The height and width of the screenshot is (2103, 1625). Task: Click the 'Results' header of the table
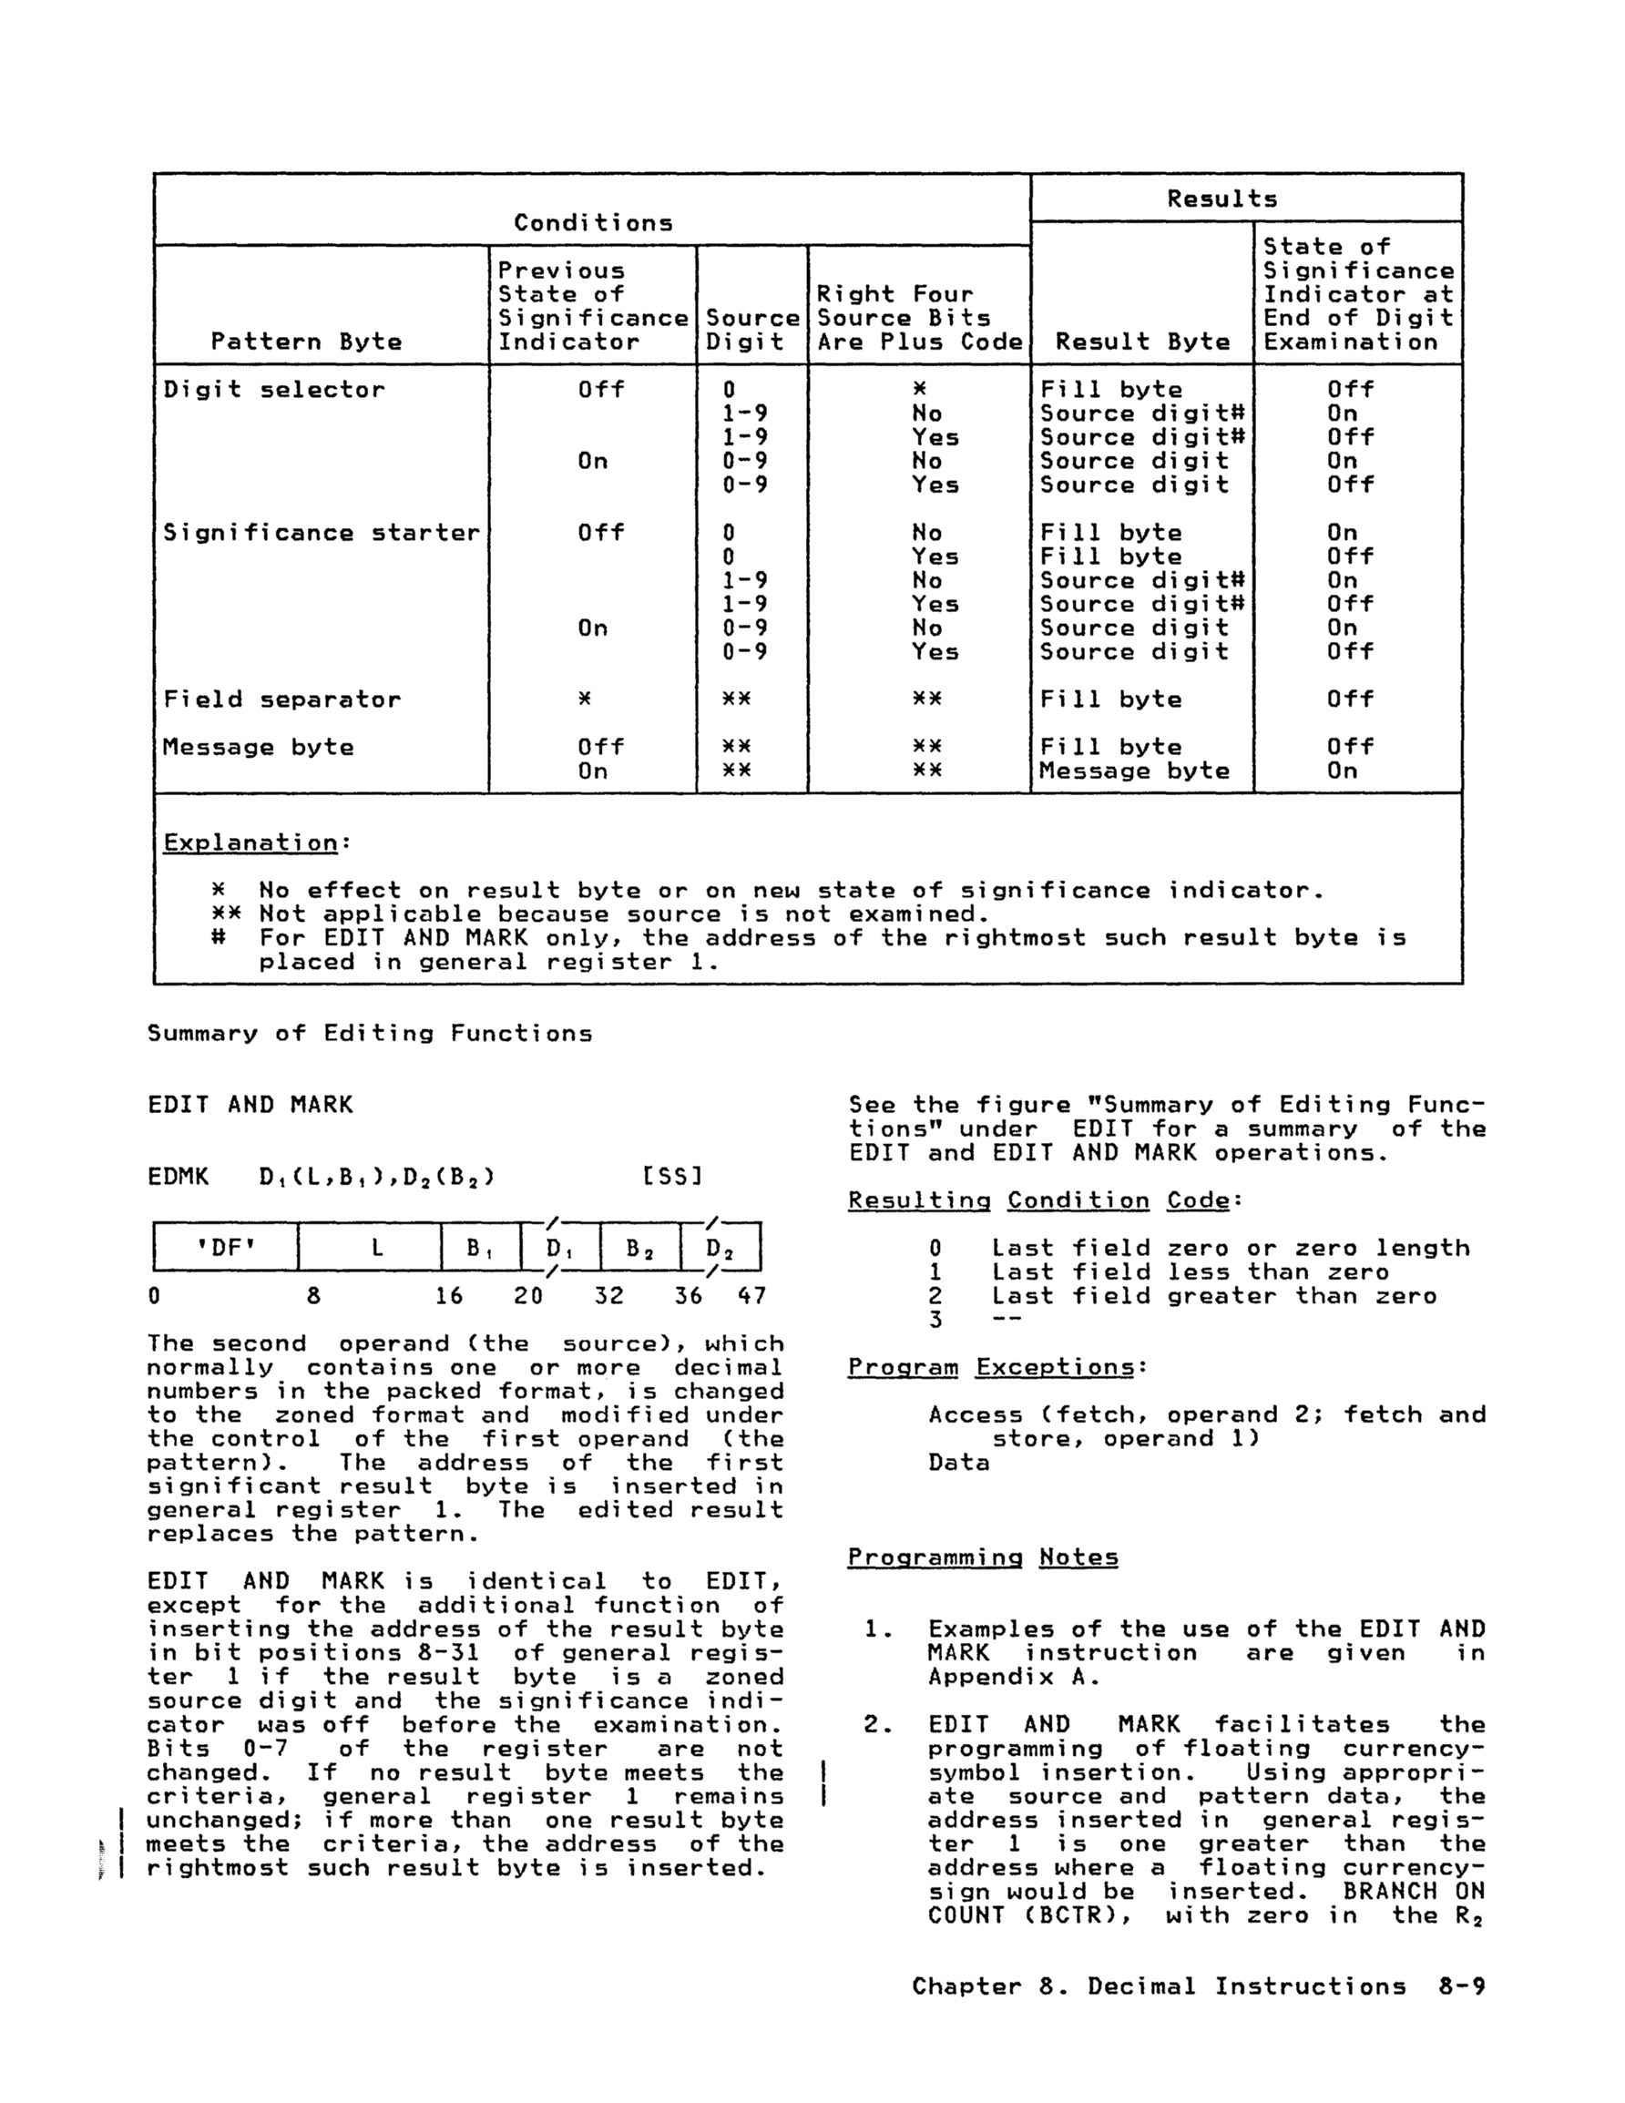point(1221,199)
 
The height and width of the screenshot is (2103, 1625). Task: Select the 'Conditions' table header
point(592,223)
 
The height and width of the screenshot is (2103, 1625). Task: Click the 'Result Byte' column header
point(1142,342)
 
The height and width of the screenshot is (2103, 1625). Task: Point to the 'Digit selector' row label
point(273,390)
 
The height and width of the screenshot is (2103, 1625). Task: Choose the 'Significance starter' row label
point(321,534)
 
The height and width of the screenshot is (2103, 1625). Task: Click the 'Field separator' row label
point(281,700)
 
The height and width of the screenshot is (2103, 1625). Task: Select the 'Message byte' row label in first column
point(258,747)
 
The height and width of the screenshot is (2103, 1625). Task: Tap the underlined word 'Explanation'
point(250,842)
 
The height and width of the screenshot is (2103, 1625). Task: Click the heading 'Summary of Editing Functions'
point(370,1034)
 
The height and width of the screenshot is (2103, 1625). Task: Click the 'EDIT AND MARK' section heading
point(250,1106)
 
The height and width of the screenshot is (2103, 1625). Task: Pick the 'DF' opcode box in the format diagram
point(225,1248)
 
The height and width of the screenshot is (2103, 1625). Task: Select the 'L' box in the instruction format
point(378,1248)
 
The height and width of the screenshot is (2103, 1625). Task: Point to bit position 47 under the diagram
point(751,1296)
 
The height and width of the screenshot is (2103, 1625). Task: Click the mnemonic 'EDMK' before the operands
point(179,1177)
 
